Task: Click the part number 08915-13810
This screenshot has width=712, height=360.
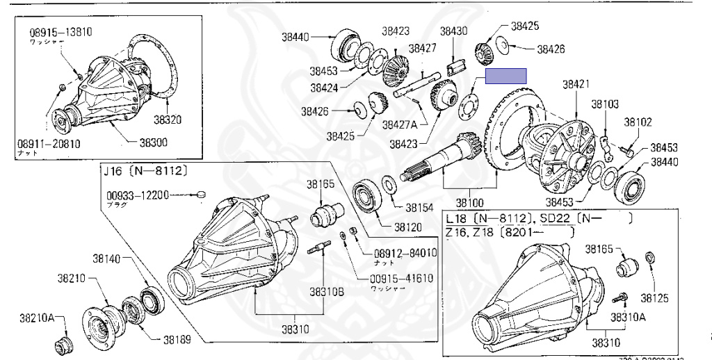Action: pos(61,32)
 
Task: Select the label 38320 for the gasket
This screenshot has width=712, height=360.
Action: pos(168,120)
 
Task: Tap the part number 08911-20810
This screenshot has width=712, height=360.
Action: pos(49,145)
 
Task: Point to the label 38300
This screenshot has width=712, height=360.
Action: pos(153,142)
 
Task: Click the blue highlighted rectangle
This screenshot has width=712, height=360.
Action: pos(505,76)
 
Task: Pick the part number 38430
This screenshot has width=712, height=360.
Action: pos(453,31)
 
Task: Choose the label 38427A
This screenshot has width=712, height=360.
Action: pos(399,124)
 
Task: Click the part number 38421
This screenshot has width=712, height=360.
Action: pos(576,84)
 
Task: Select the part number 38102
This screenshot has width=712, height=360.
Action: pos(638,122)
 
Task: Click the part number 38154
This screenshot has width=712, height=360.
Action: pos(419,207)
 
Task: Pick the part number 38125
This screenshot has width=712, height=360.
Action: pos(654,298)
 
